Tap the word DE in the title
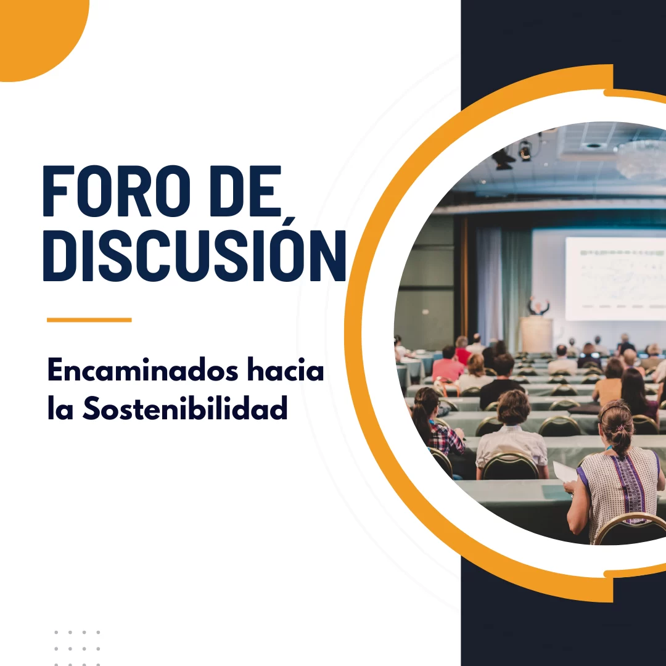pos(245,191)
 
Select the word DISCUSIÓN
pos(194,255)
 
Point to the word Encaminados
pos(142,369)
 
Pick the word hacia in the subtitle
pos(286,369)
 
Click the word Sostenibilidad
pos(185,408)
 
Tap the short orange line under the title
pos(89,320)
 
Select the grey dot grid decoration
pos(77,648)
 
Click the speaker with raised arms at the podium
pos(538,306)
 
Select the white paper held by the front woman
pos(565,472)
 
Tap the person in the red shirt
pos(447,364)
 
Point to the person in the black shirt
pos(501,380)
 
